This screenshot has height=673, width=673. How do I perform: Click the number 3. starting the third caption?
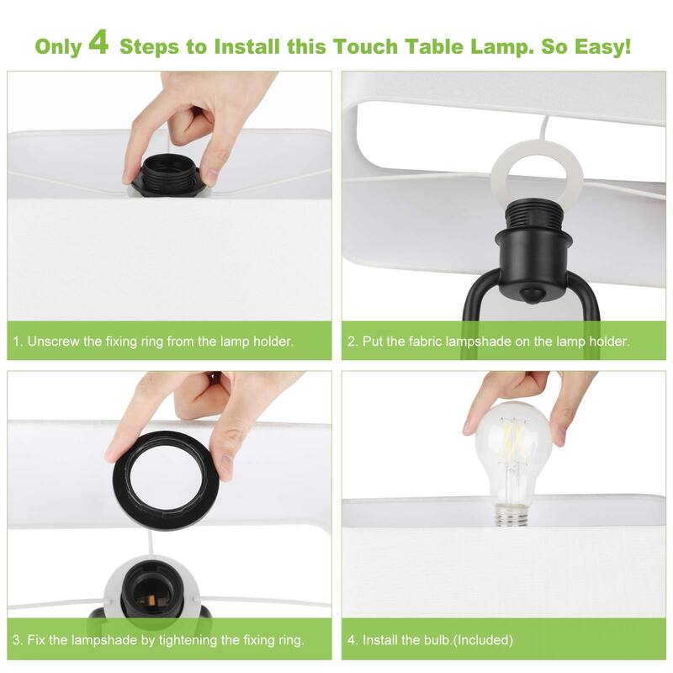(18, 640)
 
